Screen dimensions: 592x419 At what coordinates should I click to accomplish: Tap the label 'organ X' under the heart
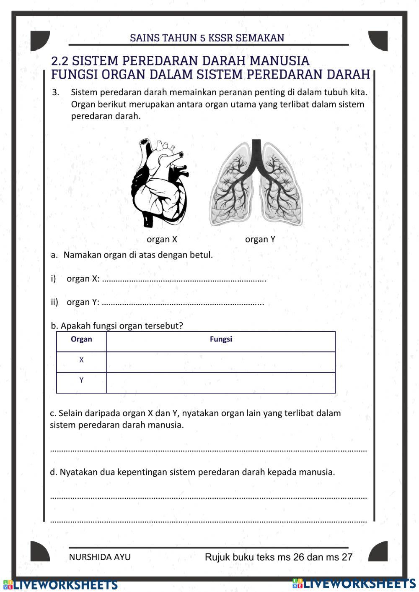[x=162, y=239]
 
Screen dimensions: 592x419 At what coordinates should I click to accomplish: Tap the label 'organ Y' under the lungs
[x=260, y=239]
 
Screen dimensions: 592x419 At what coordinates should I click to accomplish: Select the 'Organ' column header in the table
[x=81, y=339]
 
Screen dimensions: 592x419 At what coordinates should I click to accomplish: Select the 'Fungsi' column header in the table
[x=221, y=339]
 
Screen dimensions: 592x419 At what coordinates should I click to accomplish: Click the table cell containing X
[x=81, y=360]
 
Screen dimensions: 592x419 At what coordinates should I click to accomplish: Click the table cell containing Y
[x=81, y=380]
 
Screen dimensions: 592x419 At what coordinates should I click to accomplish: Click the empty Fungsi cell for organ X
[x=221, y=362]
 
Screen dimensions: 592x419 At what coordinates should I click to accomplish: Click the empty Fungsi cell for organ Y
[x=221, y=383]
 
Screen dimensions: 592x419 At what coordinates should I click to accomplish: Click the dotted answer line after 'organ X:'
[x=184, y=280]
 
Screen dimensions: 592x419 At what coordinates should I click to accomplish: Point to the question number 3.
[x=56, y=92]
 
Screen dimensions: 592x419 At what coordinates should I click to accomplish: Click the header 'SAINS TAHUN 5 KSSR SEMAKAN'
[x=207, y=38]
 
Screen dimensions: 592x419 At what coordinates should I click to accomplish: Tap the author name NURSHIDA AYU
[x=100, y=557]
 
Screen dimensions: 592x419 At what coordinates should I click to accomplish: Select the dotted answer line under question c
[x=208, y=450]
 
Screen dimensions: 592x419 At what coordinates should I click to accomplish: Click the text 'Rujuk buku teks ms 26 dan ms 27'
[x=279, y=557]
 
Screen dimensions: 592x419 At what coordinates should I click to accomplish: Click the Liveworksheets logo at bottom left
[x=60, y=584]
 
